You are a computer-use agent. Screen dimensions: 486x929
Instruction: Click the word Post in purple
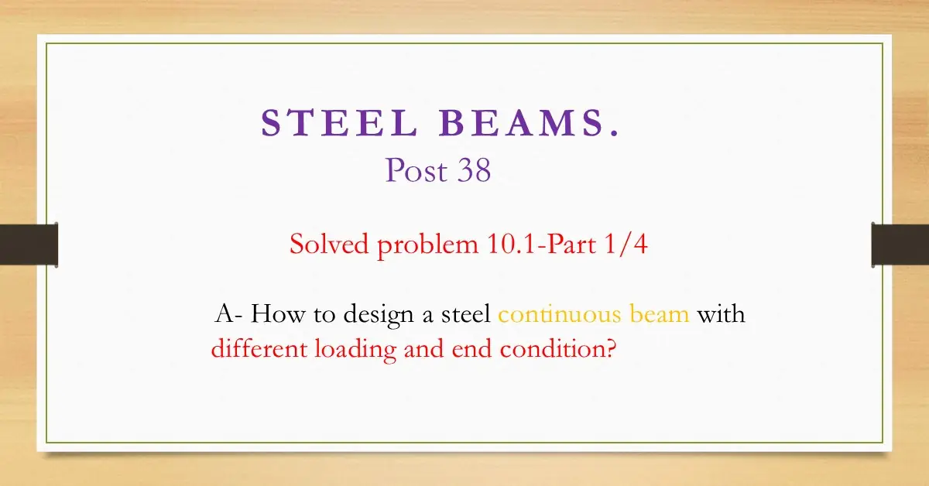[x=416, y=170]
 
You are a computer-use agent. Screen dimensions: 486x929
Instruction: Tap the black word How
[x=274, y=315]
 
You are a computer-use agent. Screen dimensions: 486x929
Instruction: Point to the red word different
[x=259, y=349]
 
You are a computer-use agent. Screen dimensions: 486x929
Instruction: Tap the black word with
[x=722, y=315]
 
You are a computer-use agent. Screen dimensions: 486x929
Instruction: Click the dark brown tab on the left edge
[x=29, y=245]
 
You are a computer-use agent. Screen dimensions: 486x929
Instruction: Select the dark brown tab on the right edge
[x=900, y=245]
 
